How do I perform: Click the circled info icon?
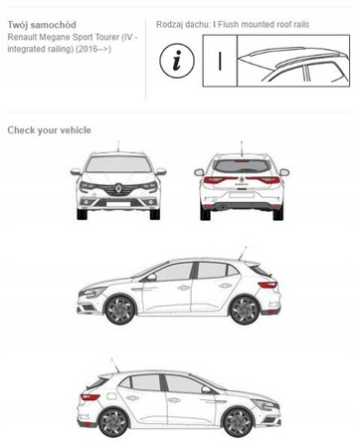(177, 61)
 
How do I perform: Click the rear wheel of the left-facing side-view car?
(245, 309)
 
